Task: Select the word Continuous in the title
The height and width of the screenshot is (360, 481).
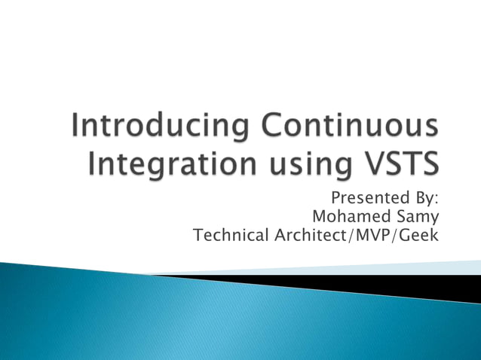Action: click(x=348, y=128)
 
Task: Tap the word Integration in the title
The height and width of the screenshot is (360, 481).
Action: click(x=158, y=163)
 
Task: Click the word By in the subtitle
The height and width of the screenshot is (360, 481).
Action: click(x=424, y=199)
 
